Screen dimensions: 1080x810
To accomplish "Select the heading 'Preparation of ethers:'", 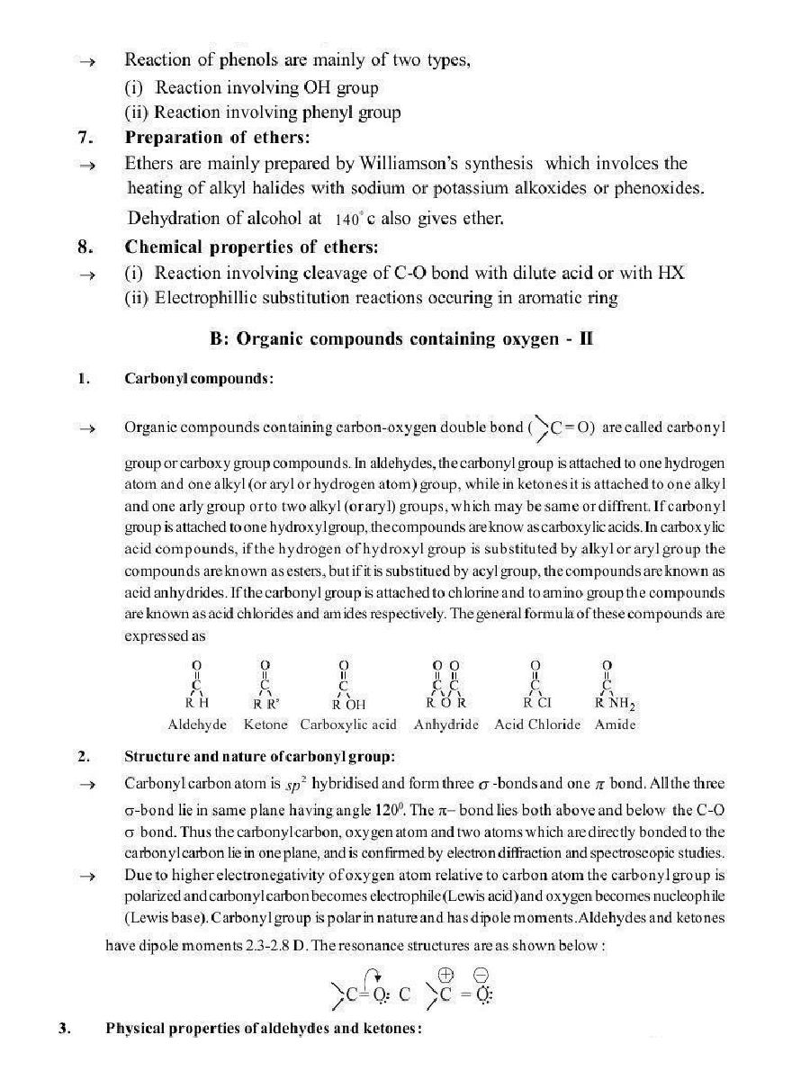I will coord(217,138).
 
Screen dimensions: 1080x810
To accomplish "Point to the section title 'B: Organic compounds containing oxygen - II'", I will coord(401,339).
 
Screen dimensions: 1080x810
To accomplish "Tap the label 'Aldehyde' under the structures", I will coord(197,724).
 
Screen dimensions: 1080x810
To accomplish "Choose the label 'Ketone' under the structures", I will coord(265,724).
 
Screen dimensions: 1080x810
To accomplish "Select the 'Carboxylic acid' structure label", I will coord(348,724).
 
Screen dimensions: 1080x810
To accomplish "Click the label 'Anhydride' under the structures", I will coord(446,724).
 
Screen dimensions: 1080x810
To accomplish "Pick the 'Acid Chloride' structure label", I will coord(537,724).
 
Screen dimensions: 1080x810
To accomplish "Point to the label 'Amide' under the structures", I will coord(615,724).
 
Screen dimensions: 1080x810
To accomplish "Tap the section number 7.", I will coord(83,138).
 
